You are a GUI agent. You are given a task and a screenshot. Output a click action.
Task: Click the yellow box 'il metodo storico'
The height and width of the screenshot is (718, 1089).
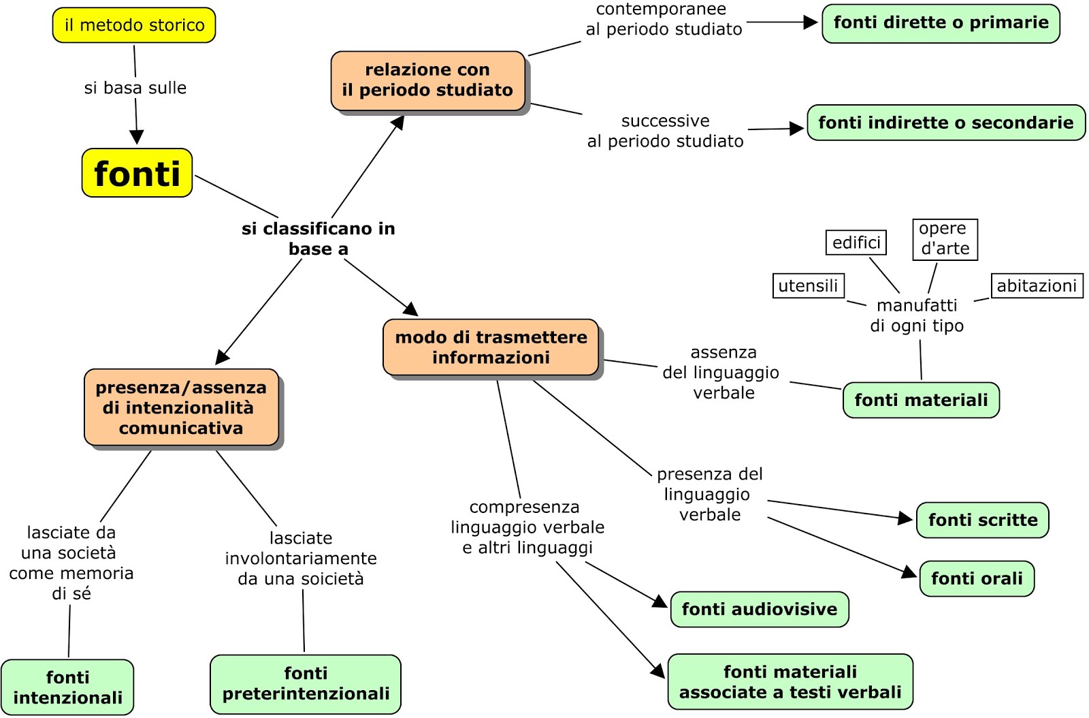coord(134,25)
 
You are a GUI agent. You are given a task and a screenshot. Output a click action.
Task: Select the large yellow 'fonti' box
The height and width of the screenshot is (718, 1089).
coord(137,173)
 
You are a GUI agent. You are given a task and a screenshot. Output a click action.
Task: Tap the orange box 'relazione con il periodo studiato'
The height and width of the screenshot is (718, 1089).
coord(427,80)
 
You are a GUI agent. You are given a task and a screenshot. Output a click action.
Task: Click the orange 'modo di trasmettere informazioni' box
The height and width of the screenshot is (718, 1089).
coord(491,347)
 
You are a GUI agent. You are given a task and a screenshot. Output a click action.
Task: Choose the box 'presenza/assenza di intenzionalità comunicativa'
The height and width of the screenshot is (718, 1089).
coord(181,407)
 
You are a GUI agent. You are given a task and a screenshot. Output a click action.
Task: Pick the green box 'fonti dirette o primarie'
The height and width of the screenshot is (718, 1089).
coord(941,23)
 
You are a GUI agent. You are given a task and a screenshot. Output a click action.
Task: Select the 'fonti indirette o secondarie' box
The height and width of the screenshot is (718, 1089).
coord(945,123)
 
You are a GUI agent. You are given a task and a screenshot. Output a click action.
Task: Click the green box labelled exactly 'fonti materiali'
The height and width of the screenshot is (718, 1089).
coord(921,400)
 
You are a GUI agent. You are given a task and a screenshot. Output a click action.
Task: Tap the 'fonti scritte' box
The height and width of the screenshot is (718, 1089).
coord(982,520)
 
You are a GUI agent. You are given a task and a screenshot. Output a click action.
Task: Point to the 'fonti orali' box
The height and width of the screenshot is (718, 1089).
coord(977,579)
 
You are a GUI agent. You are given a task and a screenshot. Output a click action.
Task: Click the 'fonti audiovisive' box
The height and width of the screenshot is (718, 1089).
coord(759,609)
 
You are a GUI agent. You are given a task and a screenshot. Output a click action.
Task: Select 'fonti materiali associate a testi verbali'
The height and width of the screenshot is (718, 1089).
coord(790,682)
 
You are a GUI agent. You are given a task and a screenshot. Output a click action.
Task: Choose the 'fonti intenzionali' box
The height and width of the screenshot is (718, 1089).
coord(67,687)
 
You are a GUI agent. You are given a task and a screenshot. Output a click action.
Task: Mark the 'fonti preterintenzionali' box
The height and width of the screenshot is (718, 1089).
coord(306,684)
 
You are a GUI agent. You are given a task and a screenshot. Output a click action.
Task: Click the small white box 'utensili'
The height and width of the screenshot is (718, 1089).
coord(808,285)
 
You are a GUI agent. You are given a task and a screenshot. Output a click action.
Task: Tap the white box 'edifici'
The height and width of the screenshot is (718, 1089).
coord(856,243)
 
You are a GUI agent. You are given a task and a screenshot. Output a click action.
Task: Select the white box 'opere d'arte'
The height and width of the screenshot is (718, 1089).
coord(945,239)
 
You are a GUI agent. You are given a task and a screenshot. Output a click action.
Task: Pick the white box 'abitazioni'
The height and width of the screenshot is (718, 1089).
coord(1037,285)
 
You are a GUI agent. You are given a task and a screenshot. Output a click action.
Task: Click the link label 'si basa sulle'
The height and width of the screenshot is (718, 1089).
coord(135,88)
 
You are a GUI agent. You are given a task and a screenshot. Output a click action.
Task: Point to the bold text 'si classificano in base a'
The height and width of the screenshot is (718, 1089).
coord(318,238)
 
